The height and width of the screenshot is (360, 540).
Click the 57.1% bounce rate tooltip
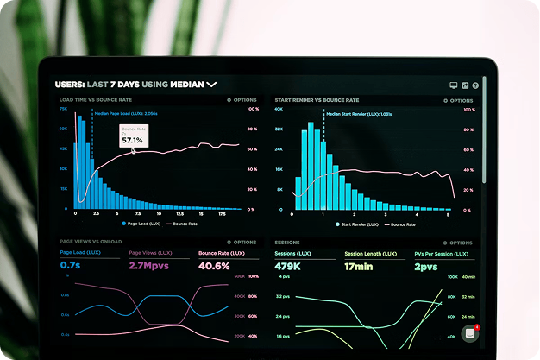point(132,136)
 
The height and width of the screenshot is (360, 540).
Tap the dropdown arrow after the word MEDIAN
point(211,85)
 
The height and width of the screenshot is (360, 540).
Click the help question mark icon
point(475,85)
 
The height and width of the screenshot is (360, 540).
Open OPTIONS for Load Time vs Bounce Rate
point(242,100)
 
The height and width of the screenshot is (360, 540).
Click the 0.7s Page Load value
point(70,266)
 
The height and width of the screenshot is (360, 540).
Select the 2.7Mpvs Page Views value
point(148,266)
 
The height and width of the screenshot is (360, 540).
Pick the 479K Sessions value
point(287,267)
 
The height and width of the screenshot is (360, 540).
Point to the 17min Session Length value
point(358,267)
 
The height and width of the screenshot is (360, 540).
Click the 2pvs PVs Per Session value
point(425,267)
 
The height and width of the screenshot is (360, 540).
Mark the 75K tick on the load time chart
point(64,109)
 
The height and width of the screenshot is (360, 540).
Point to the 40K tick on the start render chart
point(279,109)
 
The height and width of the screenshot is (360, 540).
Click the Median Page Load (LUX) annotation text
point(126,113)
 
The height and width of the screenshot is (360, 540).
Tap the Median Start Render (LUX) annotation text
point(359,114)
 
